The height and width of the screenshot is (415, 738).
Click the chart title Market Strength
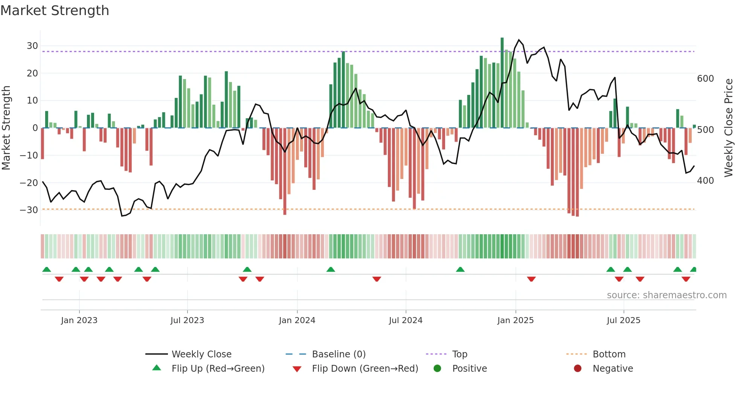[x=55, y=11]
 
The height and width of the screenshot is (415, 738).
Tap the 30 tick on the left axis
[x=32, y=46]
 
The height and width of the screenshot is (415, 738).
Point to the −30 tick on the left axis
[x=29, y=210]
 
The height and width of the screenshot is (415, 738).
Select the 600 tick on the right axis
[x=705, y=79]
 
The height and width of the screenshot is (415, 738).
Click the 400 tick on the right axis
[x=705, y=181]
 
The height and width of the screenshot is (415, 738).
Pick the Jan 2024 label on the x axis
[x=297, y=320]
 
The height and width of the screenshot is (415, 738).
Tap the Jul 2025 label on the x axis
[x=623, y=320]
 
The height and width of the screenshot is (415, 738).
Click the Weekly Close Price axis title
[x=729, y=128]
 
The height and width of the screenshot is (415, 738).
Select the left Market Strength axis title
[x=6, y=128]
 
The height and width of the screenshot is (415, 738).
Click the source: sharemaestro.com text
[x=666, y=295]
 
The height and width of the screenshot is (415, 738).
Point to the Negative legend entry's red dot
[x=578, y=369]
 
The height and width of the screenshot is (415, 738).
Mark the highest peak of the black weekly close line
[x=519, y=40]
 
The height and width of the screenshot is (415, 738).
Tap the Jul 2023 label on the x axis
[x=187, y=320]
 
